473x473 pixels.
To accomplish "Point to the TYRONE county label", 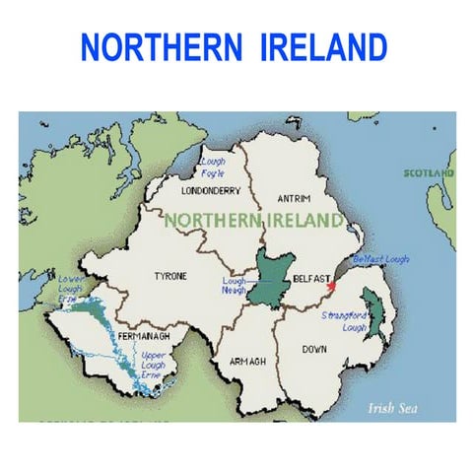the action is point(169,277).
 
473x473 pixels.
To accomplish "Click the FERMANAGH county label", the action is point(137,336).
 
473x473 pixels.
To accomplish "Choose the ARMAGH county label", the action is point(247,362).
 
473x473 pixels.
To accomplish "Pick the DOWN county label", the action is point(314,349).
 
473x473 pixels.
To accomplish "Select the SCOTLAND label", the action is point(429,173).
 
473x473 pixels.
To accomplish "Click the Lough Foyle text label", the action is point(213,167).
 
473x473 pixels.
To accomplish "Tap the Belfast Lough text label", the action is point(380,259).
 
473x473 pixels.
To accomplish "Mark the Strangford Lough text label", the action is point(344,321).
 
